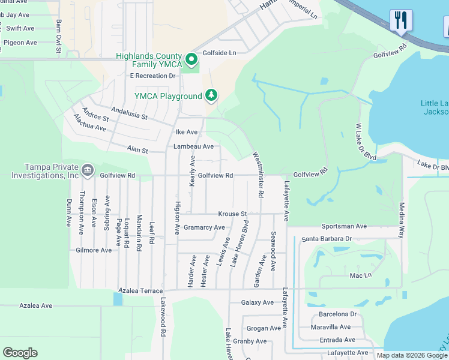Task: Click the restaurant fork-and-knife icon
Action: [x=401, y=20]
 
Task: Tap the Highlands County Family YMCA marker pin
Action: [x=191, y=59]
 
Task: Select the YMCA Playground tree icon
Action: [x=211, y=95]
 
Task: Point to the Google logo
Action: [x=20, y=353]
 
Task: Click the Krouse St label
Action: [x=232, y=214]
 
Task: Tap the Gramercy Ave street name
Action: [x=204, y=227]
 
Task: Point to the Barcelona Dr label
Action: [x=338, y=314]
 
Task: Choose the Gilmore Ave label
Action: [x=94, y=250]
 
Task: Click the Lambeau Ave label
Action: [x=193, y=146]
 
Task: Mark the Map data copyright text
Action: [x=411, y=355]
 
